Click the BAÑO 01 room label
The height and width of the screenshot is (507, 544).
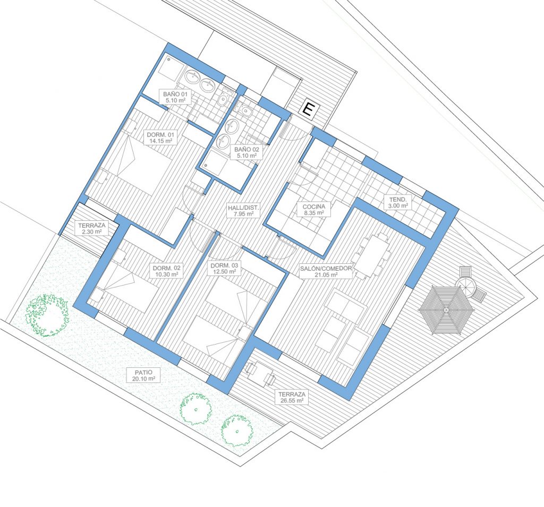[175, 97]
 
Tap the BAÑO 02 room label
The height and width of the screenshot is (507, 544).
[246, 152]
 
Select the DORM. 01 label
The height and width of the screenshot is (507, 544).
[160, 138]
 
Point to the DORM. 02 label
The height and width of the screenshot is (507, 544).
[166, 271]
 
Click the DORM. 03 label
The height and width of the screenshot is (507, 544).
[225, 269]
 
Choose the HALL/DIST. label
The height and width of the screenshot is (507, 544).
[243, 211]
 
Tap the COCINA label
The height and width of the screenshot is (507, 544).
[313, 210]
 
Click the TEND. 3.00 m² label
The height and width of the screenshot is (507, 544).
[397, 202]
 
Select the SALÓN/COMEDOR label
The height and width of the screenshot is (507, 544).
[326, 271]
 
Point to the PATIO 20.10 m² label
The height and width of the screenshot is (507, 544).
[143, 375]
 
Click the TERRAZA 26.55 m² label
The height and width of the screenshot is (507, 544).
[292, 398]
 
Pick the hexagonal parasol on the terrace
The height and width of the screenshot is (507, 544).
[446, 310]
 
